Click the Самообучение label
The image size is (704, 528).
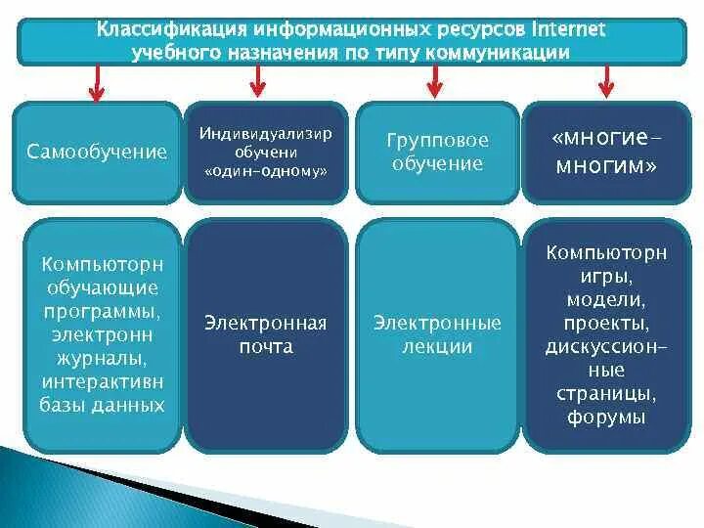[x=97, y=152]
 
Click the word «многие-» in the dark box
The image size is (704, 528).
[x=605, y=140]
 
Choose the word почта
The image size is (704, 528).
[x=265, y=346]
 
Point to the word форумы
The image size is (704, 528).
[x=606, y=417]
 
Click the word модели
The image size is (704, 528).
[x=606, y=299]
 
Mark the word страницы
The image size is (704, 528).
[x=606, y=394]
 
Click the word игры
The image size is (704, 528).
[x=606, y=277]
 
